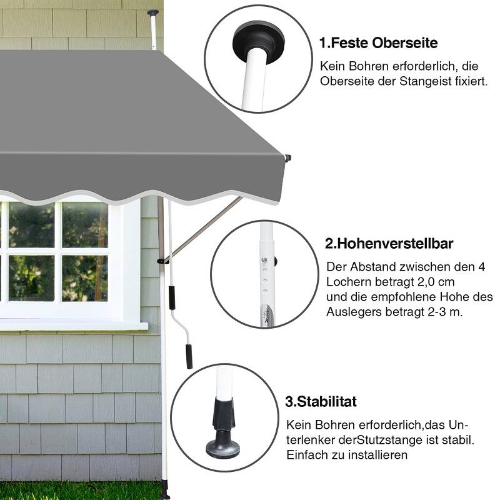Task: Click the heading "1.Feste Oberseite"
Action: (x=379, y=43)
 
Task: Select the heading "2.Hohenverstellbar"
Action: (x=389, y=244)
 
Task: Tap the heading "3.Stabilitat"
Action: (x=321, y=401)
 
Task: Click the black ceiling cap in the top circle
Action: (x=259, y=41)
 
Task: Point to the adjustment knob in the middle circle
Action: (x=275, y=261)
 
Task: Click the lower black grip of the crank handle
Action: (x=189, y=356)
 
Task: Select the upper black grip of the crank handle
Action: (x=171, y=297)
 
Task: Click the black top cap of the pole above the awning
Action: (x=153, y=12)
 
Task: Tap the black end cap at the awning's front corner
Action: (x=288, y=158)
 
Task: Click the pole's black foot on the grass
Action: (x=165, y=490)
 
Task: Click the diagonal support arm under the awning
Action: (x=201, y=229)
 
